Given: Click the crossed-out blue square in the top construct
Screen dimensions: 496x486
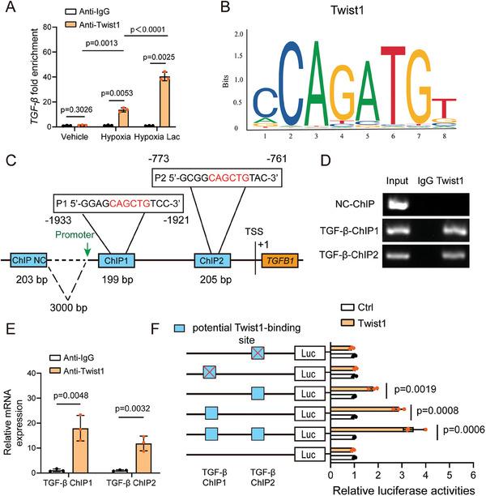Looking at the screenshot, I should (258, 353).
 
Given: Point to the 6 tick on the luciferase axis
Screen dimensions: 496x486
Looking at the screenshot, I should (473, 475).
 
